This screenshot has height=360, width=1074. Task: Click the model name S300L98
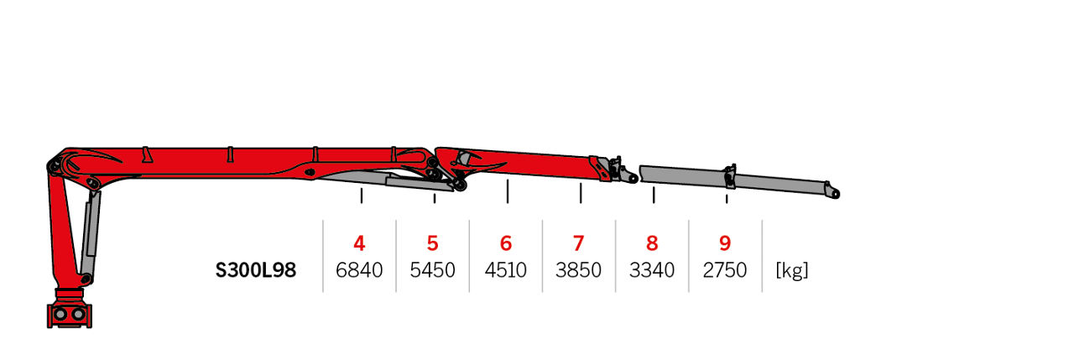[256, 270]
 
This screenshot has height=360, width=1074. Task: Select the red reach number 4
[359, 243]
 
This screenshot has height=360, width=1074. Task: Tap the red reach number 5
[432, 243]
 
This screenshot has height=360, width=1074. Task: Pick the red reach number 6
[506, 243]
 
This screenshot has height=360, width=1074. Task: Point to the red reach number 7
[579, 243]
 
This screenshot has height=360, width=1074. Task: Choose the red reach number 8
[652, 243]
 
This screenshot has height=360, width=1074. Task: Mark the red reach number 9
[725, 243]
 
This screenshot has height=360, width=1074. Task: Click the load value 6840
[359, 270]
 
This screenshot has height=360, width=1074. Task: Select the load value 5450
[432, 270]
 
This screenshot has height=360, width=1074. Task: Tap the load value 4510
[506, 270]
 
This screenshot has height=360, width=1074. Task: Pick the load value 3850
[579, 270]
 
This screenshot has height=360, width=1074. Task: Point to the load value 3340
[652, 270]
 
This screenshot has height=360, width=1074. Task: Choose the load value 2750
[725, 270]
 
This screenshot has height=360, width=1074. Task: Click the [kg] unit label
[792, 271]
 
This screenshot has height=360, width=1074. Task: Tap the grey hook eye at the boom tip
[835, 193]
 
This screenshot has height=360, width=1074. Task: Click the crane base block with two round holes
[70, 315]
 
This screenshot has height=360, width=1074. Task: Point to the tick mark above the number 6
[508, 191]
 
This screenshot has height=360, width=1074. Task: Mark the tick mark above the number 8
[654, 195]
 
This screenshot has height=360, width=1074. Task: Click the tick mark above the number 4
[362, 196]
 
